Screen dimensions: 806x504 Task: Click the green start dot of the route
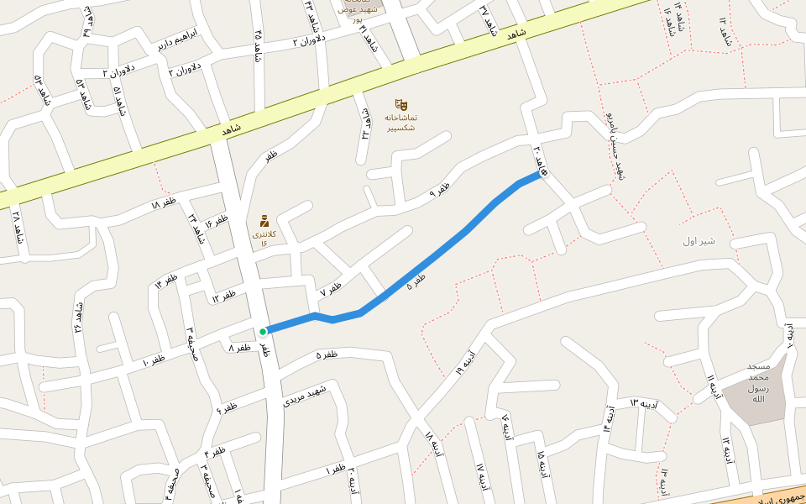(263, 332)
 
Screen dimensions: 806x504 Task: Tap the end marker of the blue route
(543, 173)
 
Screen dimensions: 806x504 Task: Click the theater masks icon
(400, 105)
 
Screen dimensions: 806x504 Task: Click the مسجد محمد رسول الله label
(758, 383)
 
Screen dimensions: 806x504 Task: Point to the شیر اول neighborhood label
(698, 241)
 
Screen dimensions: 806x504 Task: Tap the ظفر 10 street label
(154, 360)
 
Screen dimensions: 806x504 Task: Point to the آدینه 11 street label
(714, 388)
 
